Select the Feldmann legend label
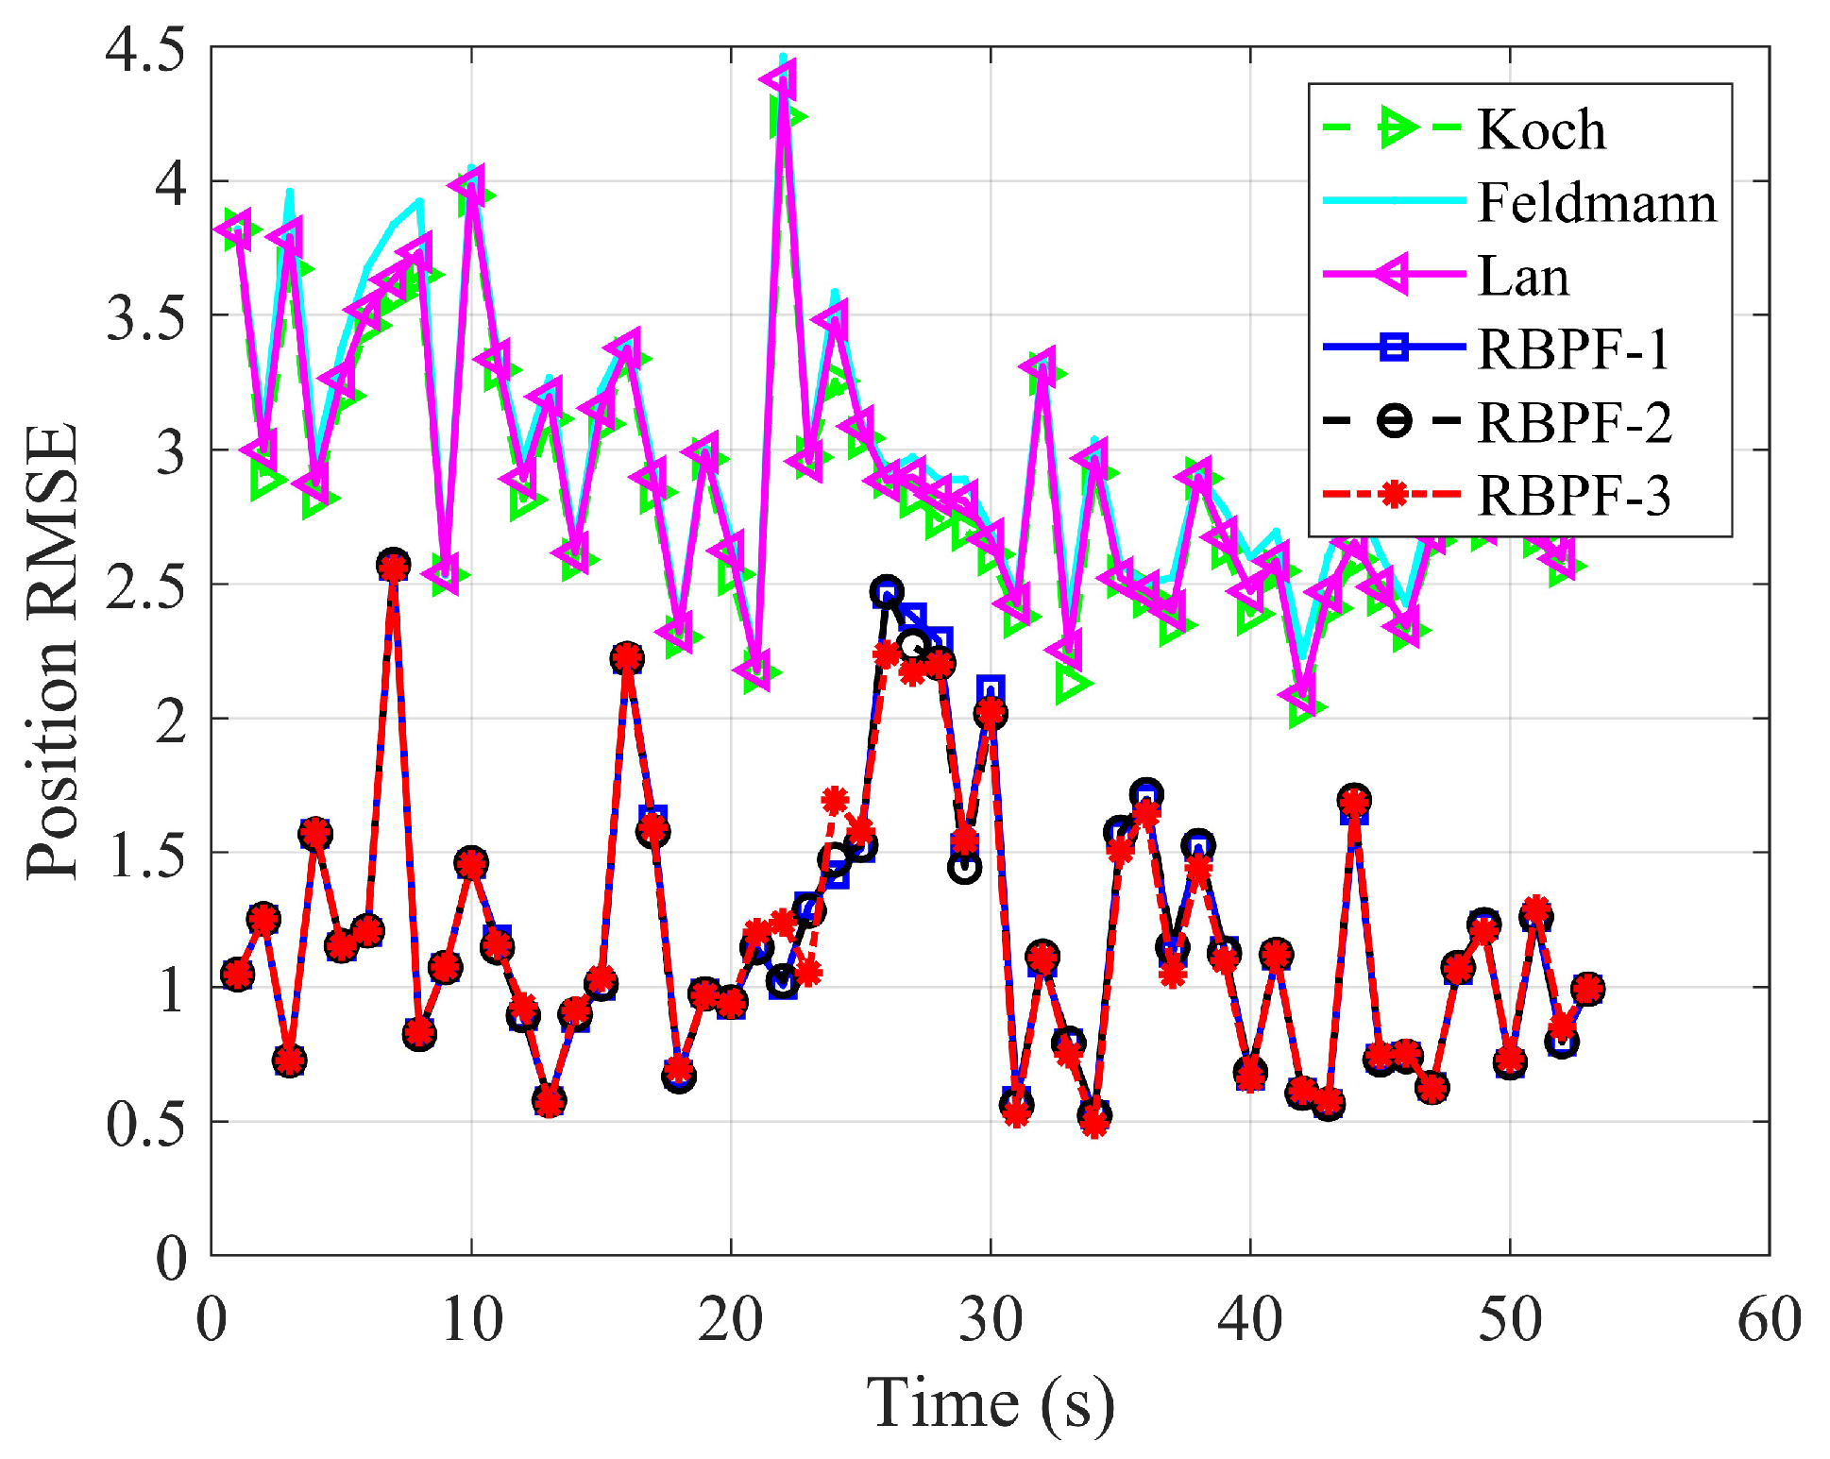coord(1596,202)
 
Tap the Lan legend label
coord(1522,276)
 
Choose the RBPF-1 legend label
coord(1573,348)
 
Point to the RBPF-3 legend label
coord(1573,495)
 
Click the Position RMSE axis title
coord(52,652)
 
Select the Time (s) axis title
coord(991,1402)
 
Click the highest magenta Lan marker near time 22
coord(781,79)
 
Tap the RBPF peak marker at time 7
coord(393,566)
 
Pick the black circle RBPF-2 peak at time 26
coord(886,592)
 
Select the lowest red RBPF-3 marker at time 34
coord(1094,1123)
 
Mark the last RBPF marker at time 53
coord(1587,989)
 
